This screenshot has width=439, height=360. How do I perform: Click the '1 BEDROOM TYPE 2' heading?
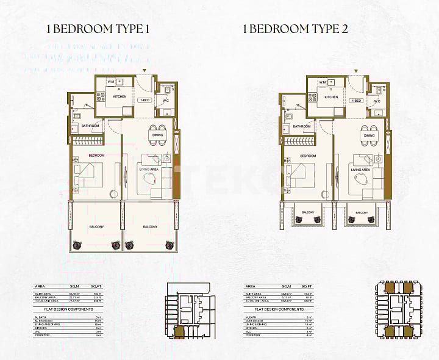pyautogui.click(x=295, y=28)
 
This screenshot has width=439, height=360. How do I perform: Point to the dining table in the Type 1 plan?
pyautogui.click(x=157, y=138)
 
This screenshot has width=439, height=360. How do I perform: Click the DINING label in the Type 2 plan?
pyautogui.click(x=368, y=128)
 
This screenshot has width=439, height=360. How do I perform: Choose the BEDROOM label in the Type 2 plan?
pyautogui.click(x=308, y=156)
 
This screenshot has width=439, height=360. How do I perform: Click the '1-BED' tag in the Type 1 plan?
pyautogui.click(x=145, y=99)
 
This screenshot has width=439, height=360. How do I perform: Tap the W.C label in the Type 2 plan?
pyautogui.click(x=377, y=101)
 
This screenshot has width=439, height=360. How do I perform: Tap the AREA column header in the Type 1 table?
pyautogui.click(x=40, y=286)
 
